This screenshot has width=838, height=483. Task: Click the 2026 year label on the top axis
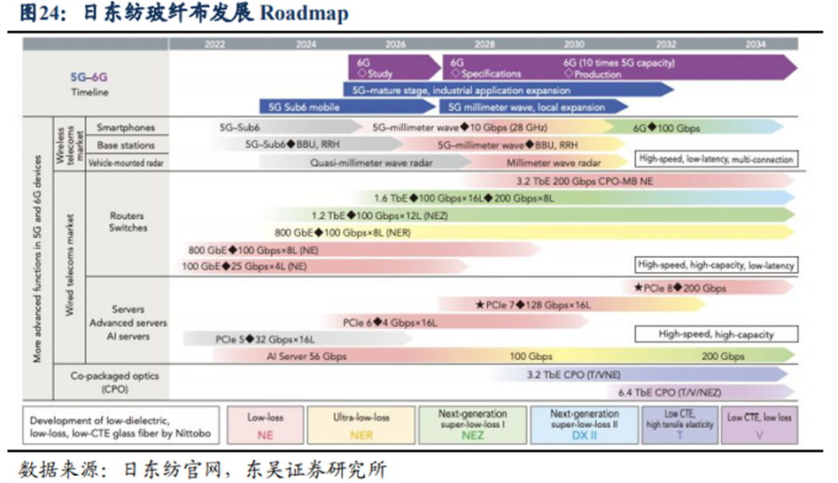tap(395, 43)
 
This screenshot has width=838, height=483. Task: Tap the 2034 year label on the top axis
tap(756, 43)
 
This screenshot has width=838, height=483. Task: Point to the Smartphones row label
tap(125, 128)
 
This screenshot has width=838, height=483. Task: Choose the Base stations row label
tap(125, 144)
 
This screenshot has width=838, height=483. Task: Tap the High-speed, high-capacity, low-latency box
tap(715, 265)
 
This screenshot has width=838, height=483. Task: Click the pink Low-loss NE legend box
tap(265, 425)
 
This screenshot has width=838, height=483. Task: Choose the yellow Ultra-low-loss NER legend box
tap(361, 425)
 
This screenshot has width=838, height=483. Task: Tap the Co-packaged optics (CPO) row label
tap(115, 382)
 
